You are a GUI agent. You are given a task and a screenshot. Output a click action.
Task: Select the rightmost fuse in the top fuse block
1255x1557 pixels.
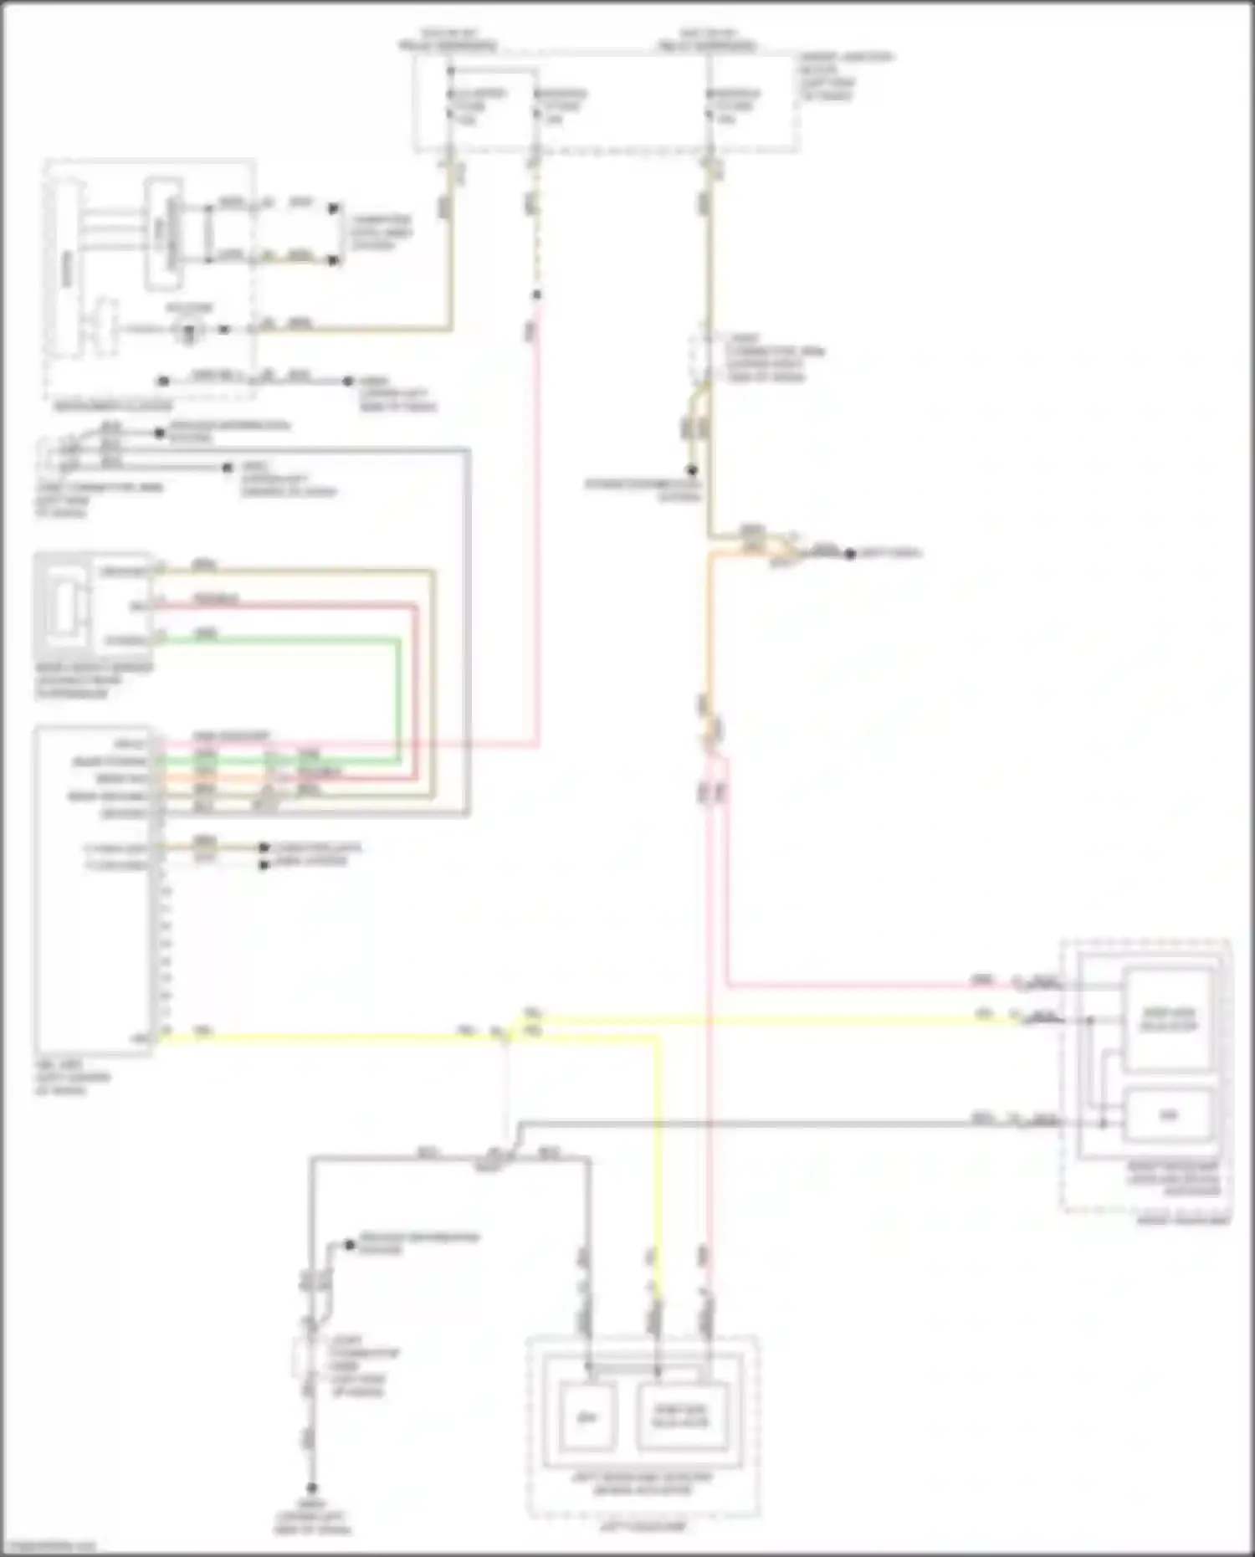coord(709,108)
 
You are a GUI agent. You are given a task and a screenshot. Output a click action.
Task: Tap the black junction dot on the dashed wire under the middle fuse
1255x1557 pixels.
coord(537,294)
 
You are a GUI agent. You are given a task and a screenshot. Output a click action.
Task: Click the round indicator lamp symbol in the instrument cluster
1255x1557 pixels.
coord(190,330)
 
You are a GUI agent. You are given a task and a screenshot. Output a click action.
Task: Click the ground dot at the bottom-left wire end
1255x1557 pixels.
coord(311,1488)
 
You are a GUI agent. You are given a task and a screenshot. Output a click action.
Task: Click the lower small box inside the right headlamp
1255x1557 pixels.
coord(1168,1115)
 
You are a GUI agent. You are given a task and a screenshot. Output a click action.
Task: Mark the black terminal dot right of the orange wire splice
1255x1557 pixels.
coord(849,554)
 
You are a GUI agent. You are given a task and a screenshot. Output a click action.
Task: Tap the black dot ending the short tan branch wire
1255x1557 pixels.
coord(692,470)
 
